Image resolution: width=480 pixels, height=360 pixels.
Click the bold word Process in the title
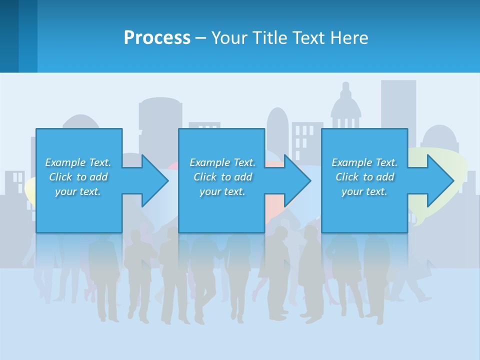click(157, 37)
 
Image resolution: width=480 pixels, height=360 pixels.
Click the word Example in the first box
click(65, 162)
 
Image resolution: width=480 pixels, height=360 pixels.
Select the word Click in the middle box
click(204, 177)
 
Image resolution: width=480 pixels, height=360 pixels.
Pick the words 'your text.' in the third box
click(364, 191)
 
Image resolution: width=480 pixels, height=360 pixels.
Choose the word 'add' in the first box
click(99, 177)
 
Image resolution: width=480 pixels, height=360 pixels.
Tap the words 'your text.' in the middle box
click(222, 191)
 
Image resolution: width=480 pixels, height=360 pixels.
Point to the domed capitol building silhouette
click(345, 107)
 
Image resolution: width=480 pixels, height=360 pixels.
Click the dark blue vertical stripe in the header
click(9, 36)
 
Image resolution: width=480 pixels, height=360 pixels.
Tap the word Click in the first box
click(60, 177)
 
